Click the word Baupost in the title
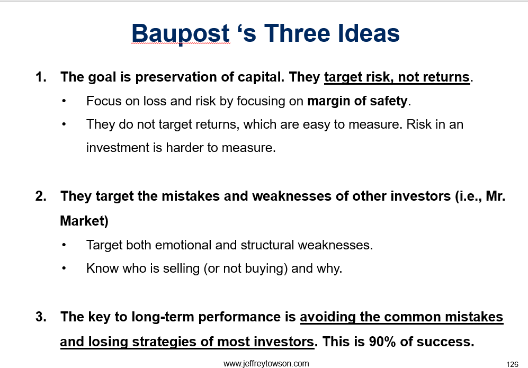point(181,34)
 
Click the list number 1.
point(41,77)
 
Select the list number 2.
point(41,196)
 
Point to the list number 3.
point(41,317)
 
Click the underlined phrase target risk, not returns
point(397,77)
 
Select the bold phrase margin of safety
point(357,101)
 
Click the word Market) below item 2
point(84,221)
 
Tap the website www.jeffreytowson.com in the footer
point(266,364)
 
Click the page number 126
point(512,364)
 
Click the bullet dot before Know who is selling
point(64,268)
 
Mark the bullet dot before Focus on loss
point(64,101)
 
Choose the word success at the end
point(445,342)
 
